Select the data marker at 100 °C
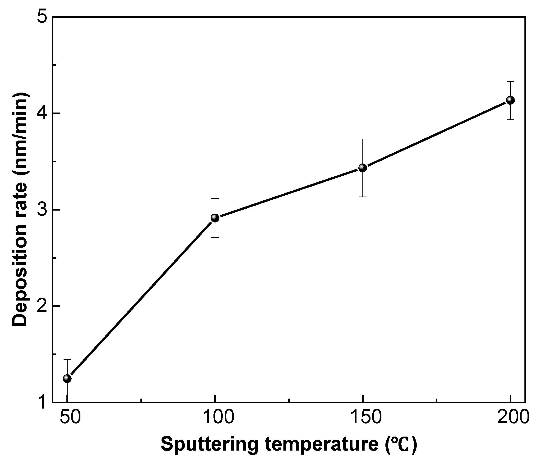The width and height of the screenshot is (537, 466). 215,218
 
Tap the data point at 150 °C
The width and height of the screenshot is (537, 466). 362,168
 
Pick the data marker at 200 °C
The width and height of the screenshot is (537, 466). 510,100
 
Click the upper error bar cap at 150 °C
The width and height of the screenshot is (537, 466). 362,139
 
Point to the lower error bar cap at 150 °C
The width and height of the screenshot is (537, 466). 362,197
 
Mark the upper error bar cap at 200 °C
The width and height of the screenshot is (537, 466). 510,81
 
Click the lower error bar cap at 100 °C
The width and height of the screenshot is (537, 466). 215,237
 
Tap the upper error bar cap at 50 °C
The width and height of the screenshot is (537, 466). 67,359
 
